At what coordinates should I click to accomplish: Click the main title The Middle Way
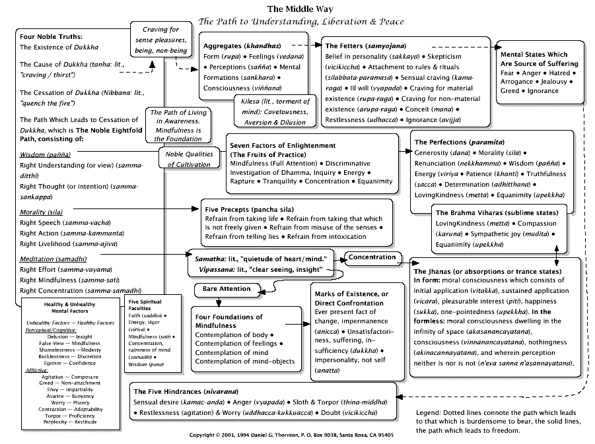(x=300, y=9)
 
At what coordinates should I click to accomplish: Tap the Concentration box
(x=372, y=257)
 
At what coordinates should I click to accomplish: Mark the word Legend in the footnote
(x=428, y=413)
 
